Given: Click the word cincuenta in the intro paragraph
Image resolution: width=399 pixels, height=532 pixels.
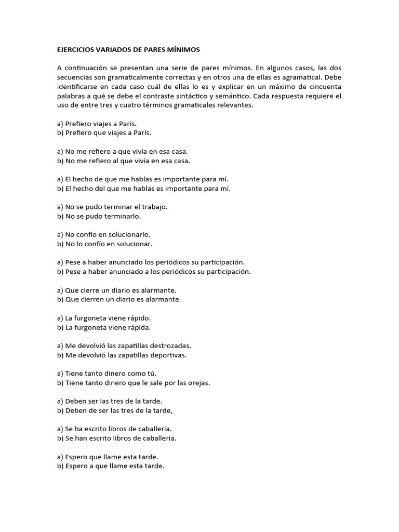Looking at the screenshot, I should (325, 87).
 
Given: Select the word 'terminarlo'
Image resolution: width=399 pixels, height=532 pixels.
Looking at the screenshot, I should (123, 216).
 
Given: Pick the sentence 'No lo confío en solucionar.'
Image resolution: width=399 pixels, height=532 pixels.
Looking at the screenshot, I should (105, 244).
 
